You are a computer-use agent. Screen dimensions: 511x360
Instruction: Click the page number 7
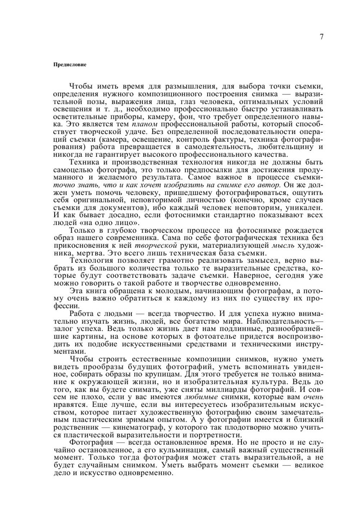point(321,37)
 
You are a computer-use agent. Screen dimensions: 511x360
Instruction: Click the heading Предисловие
point(70,65)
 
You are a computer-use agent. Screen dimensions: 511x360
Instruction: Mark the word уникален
point(303,208)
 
